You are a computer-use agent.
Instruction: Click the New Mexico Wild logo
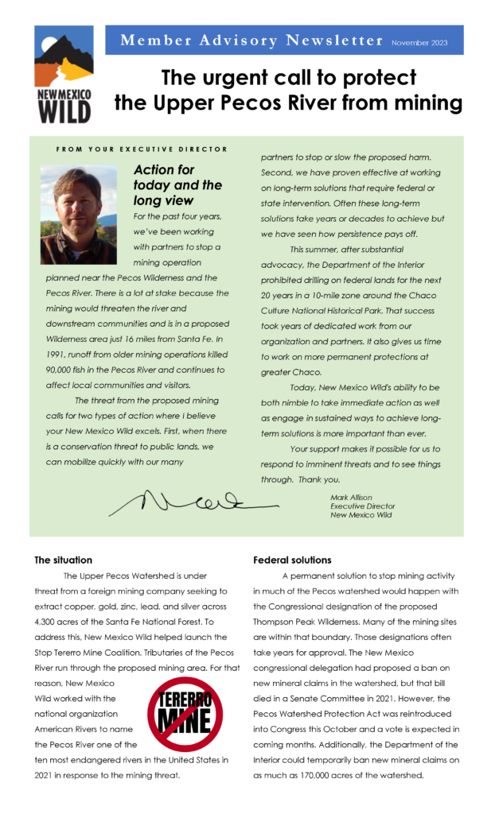click(x=63, y=73)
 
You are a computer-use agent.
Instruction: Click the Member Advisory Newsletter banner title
click(x=251, y=40)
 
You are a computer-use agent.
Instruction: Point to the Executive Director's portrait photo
click(x=79, y=215)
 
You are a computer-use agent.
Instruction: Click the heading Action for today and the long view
click(x=177, y=185)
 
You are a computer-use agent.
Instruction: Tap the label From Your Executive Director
click(x=142, y=149)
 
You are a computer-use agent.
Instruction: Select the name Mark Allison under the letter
click(x=351, y=498)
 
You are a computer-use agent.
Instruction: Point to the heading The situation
click(x=63, y=560)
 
